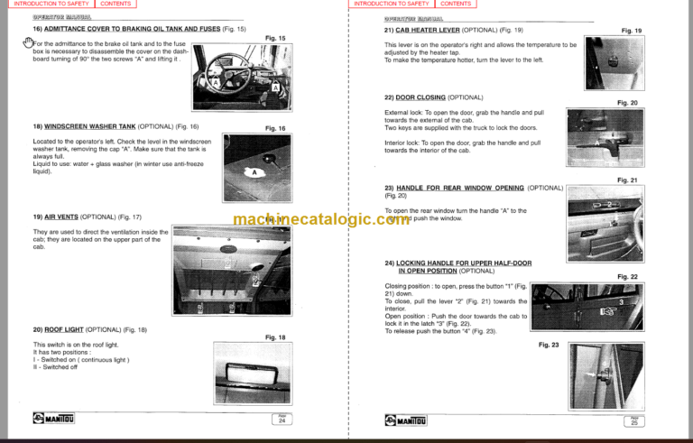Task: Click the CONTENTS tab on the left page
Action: (115, 5)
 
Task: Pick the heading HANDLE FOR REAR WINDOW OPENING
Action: (461, 188)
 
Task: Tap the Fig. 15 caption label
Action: (275, 38)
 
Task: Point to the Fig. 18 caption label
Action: (275, 337)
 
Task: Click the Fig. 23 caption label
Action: (549, 344)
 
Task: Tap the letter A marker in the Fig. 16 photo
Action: (254, 172)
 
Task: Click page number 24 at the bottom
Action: (282, 420)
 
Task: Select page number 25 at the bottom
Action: (635, 420)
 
